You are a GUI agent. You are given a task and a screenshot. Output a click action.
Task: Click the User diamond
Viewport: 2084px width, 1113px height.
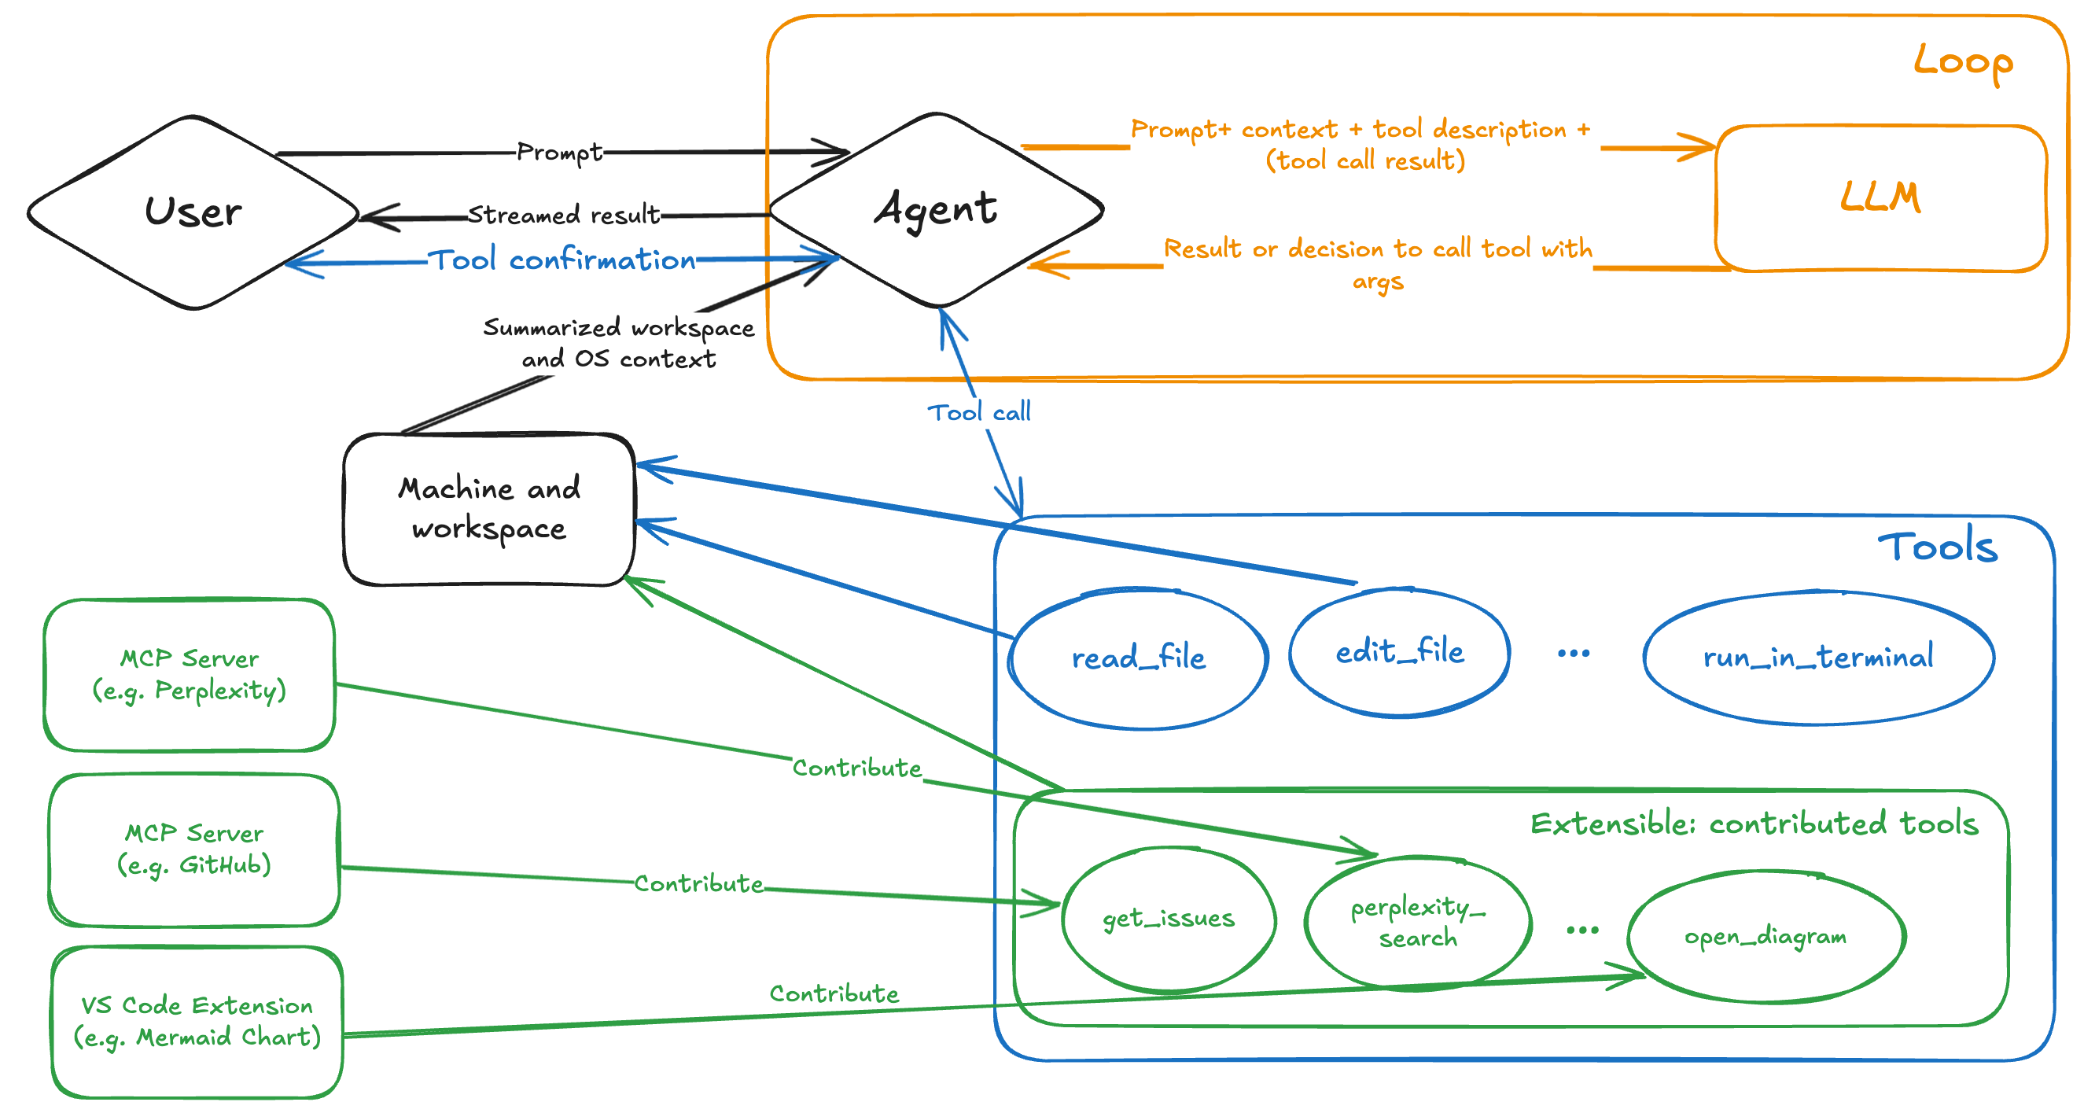pos(193,212)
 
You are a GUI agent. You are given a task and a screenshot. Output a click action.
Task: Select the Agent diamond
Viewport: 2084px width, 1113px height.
pos(936,210)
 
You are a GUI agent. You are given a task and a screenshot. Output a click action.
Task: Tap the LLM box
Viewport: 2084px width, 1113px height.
pos(1880,198)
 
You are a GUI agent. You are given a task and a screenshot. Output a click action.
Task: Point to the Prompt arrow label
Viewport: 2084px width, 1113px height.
pos(560,151)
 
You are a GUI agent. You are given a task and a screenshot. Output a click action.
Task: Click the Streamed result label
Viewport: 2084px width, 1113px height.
pos(564,216)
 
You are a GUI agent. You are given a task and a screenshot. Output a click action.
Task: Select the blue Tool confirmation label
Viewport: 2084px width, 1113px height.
pos(562,260)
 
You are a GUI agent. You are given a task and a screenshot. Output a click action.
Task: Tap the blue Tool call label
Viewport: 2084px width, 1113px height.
pos(979,413)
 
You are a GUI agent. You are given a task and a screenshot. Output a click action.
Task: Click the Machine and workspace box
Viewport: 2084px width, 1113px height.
pos(488,509)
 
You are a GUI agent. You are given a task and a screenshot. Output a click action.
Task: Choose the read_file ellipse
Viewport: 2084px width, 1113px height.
pos(1137,658)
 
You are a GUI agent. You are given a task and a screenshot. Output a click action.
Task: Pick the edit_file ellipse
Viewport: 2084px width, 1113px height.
pos(1399,651)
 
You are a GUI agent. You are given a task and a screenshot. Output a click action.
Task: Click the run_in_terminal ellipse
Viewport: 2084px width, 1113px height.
pos(1818,657)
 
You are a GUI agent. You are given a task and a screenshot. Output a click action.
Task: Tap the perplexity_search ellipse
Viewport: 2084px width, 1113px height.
pos(1417,922)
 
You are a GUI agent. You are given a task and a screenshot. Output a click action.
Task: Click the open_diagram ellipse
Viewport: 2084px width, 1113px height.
pos(1766,937)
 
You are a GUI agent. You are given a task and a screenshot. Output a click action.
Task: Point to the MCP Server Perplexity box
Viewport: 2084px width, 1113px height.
pos(190,674)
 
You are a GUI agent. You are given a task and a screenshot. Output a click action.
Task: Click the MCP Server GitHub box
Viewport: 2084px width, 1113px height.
pos(194,849)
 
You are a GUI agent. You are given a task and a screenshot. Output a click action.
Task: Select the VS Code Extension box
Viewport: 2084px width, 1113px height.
pos(197,1022)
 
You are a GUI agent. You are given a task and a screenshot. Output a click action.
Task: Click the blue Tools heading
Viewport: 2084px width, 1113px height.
pos(1937,548)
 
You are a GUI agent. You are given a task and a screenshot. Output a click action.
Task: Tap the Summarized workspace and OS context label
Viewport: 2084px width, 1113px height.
pos(619,343)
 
